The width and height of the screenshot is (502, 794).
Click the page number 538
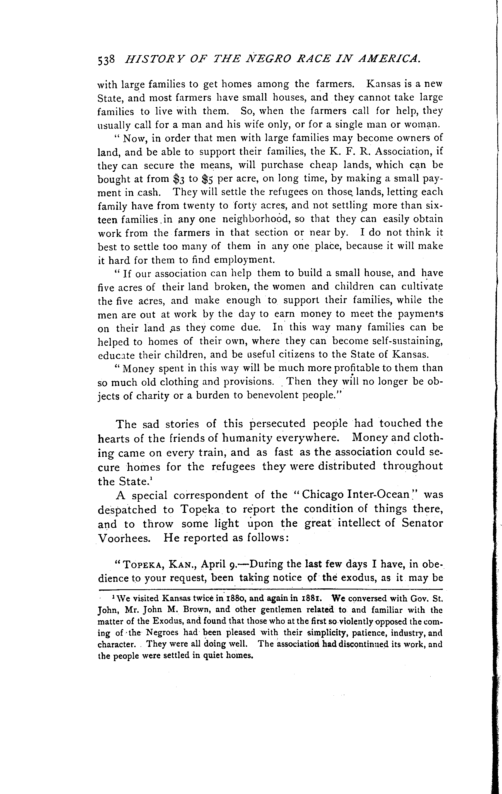pyautogui.click(x=106, y=59)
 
